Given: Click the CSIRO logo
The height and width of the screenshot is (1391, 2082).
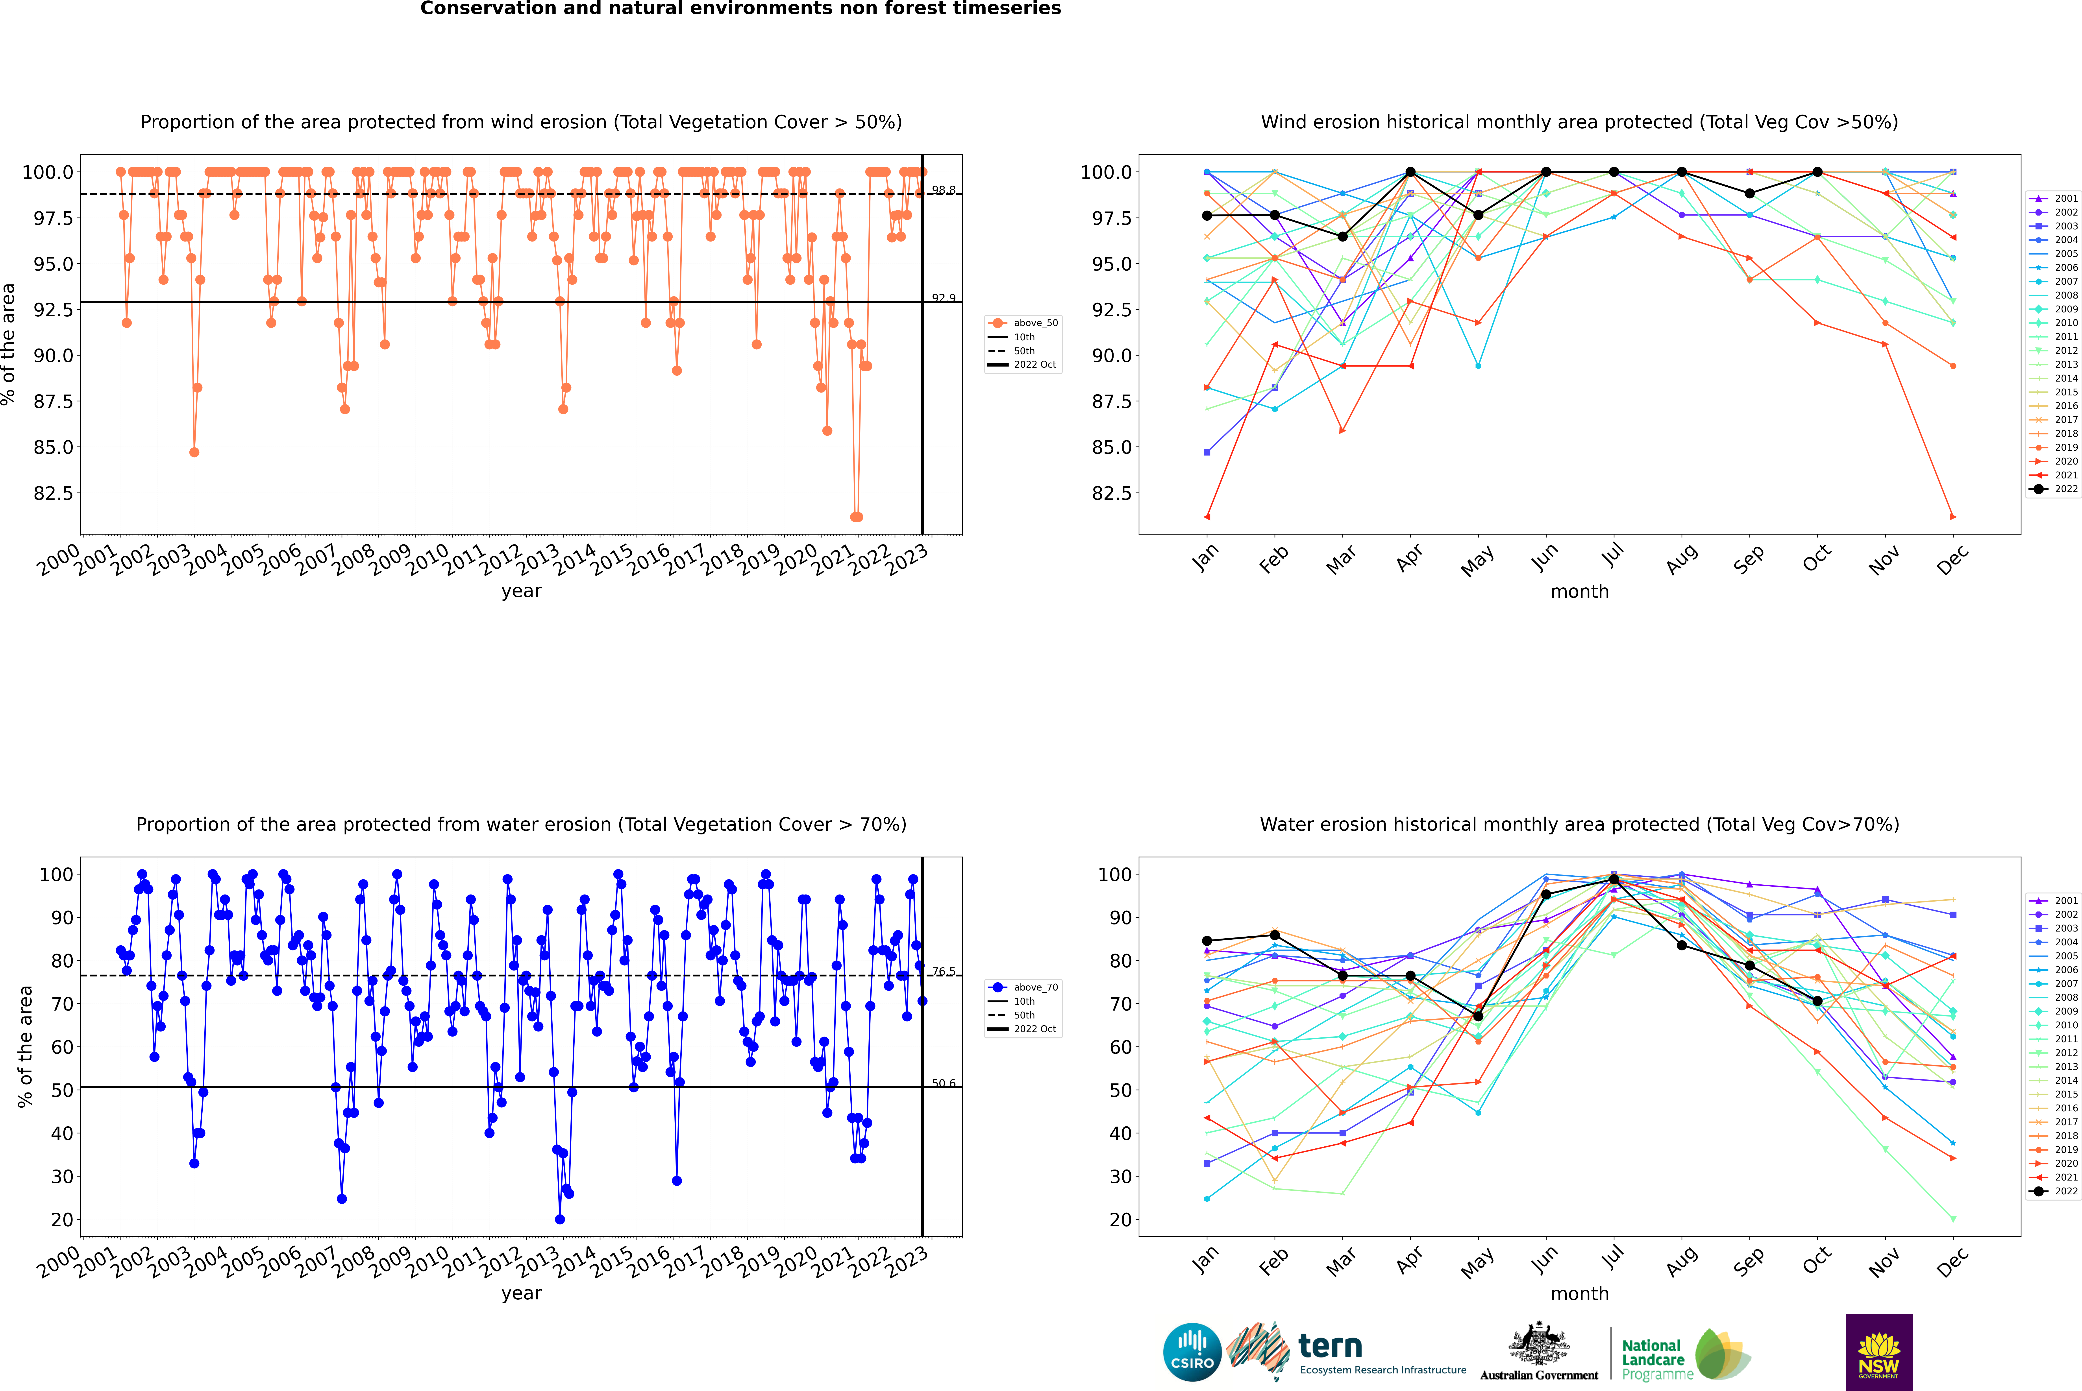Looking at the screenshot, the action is point(1192,1352).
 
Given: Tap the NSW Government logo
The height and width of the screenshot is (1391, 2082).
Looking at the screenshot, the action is point(1879,1352).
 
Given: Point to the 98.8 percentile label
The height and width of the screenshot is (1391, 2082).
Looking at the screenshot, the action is point(943,190).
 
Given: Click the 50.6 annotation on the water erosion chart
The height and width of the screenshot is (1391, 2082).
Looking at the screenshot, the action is point(943,1083).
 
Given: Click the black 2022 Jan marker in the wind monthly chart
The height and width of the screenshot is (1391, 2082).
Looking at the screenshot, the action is point(1207,216).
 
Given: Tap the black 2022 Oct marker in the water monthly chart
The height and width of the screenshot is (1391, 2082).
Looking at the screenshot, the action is point(1817,1001).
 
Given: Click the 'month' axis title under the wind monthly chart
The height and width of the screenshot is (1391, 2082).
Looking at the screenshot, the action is point(1580,592).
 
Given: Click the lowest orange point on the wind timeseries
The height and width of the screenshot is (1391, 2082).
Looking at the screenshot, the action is point(855,517).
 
